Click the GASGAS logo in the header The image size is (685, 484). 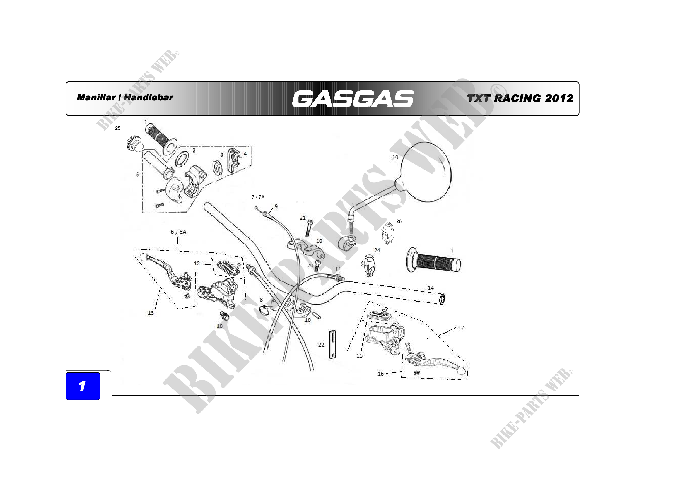(x=353, y=99)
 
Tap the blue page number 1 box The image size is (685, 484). (x=83, y=386)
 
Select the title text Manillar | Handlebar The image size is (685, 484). (x=125, y=98)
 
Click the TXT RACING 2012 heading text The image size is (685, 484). (x=520, y=98)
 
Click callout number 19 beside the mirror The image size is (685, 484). (x=395, y=158)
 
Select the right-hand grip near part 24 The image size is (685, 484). (x=433, y=264)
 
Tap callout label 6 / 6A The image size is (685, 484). (x=178, y=232)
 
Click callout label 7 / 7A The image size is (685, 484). (x=258, y=197)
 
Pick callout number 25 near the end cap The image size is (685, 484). (x=118, y=128)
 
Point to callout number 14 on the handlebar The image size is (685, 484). (x=431, y=288)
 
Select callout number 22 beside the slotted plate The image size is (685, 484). (x=321, y=345)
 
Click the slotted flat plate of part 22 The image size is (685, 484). (x=332, y=344)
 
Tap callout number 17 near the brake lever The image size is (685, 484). (x=461, y=327)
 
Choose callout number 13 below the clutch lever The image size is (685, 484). (x=151, y=313)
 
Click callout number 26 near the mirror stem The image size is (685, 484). (x=399, y=221)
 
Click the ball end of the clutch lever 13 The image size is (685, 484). (x=144, y=257)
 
